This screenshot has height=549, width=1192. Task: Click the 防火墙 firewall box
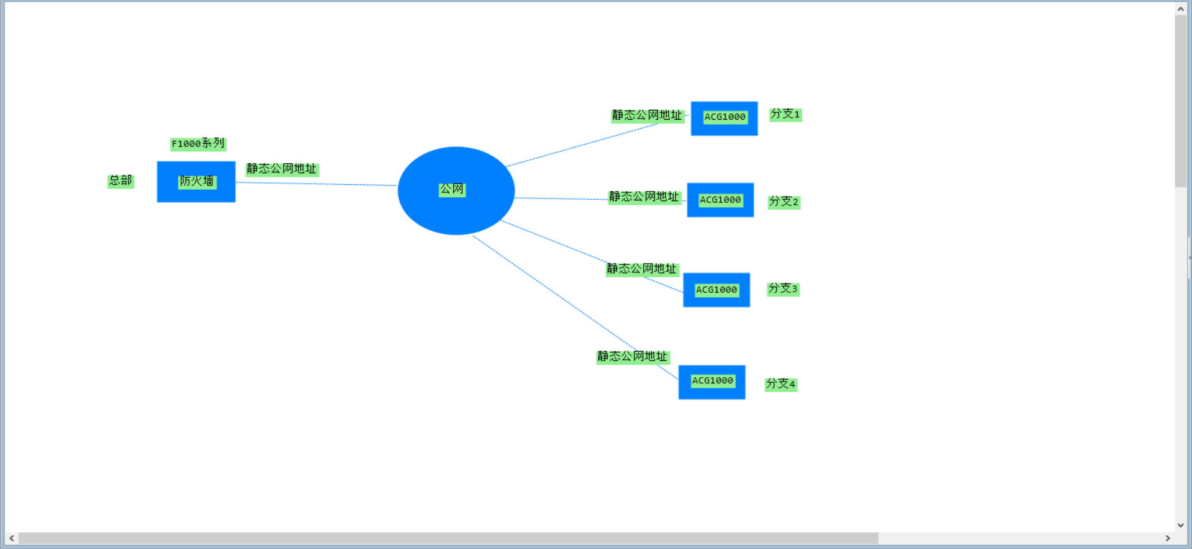[x=196, y=182]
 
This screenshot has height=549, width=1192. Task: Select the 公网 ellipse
[x=456, y=190]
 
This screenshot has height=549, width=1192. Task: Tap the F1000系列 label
[x=198, y=144]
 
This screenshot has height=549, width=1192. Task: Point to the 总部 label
[x=120, y=181]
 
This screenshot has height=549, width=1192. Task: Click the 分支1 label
[x=785, y=114]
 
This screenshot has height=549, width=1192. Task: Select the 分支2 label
[x=783, y=202]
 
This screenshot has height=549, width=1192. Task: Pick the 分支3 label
[x=783, y=288]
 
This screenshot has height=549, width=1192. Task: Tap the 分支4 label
[x=780, y=384]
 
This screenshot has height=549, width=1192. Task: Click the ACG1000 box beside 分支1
[x=724, y=118]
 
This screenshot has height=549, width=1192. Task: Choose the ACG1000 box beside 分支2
[x=720, y=200]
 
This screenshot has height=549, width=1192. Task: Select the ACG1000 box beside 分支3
[x=716, y=290]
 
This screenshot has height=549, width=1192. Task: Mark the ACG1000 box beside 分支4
[x=711, y=382]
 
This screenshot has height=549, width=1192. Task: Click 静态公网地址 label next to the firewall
[x=282, y=169]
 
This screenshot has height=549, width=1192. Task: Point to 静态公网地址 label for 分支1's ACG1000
[x=647, y=115]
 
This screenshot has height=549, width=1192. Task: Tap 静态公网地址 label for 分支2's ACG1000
[x=644, y=197]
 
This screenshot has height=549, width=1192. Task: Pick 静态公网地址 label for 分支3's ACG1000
[x=642, y=269]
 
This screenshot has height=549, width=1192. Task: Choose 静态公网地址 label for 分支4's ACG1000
[x=633, y=357]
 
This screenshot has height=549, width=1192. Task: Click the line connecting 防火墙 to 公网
[x=317, y=184]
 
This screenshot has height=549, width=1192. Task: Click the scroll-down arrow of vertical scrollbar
[x=1181, y=525]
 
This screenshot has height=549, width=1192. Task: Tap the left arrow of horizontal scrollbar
[x=12, y=538]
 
